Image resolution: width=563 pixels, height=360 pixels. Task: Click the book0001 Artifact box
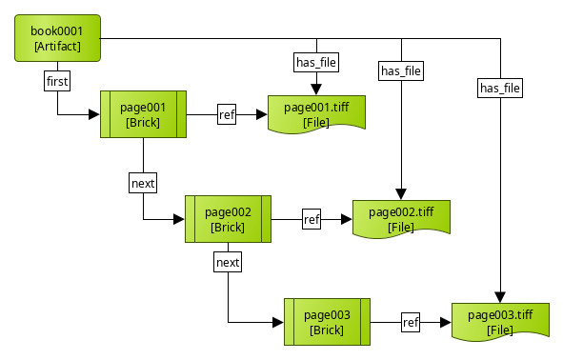57,38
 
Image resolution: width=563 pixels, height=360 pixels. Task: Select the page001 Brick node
143,114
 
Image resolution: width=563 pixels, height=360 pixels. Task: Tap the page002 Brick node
228,219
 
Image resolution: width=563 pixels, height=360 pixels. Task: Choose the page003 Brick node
327,322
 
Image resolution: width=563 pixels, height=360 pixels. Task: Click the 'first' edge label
58,82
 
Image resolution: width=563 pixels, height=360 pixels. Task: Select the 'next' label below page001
143,182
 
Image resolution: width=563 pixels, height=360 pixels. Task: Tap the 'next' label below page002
228,261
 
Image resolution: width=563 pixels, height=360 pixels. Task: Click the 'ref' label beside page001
227,115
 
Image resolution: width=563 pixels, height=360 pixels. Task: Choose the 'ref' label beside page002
312,219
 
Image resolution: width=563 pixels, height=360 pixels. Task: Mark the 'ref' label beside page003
411,322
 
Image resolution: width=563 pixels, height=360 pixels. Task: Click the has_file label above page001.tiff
315,63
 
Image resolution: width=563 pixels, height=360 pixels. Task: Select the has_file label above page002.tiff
401,70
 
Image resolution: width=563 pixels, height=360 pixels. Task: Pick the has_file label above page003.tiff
500,89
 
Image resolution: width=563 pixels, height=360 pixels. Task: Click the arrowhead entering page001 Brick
94,115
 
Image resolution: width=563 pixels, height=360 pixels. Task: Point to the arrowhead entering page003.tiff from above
500,297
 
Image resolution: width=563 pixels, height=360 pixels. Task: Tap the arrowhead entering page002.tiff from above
401,194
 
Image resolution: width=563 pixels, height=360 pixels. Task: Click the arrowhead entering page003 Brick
278,322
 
